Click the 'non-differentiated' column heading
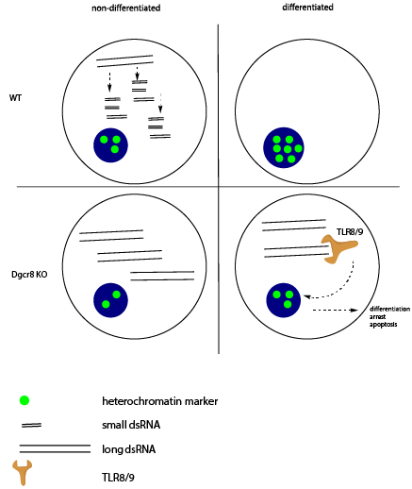[126, 8]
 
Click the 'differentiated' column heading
[307, 8]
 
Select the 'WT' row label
[15, 98]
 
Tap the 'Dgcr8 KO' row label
[29, 275]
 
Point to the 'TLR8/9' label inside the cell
[350, 232]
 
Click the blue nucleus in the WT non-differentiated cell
[110, 145]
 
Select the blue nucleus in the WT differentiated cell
[284, 147]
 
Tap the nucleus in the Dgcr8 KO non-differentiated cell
[110, 300]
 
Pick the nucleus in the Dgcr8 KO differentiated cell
[284, 300]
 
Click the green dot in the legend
[25, 400]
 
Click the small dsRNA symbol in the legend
[31, 426]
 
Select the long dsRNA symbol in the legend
[55, 448]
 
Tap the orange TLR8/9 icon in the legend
[23, 472]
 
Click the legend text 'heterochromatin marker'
[160, 401]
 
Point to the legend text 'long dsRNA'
[129, 449]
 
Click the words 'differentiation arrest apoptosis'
[389, 316]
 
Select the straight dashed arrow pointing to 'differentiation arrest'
[335, 310]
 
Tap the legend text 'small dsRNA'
[131, 425]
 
